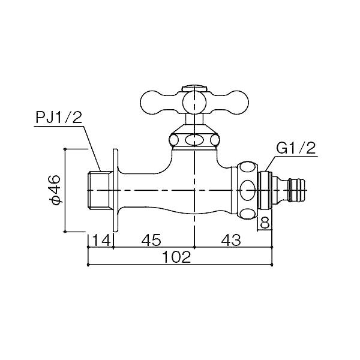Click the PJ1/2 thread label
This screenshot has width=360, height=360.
point(59,118)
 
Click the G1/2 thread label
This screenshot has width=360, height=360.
point(296,149)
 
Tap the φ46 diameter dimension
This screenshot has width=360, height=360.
point(55,189)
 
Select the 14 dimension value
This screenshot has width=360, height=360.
point(101,240)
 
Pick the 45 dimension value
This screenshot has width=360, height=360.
point(151,240)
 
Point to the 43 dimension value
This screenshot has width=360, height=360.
point(231,240)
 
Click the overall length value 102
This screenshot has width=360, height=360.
point(176,257)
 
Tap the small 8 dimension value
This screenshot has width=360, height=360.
point(265,223)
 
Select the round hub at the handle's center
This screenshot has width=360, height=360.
point(194,102)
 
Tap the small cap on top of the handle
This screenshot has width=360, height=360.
point(194,88)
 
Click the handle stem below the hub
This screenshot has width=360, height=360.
point(194,119)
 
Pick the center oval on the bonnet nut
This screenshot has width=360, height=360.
point(194,140)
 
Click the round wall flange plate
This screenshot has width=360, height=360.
point(115,190)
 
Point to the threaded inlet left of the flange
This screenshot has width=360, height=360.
point(100,190)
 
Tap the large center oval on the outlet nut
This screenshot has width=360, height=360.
point(247,190)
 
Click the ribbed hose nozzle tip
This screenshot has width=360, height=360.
point(297,190)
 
